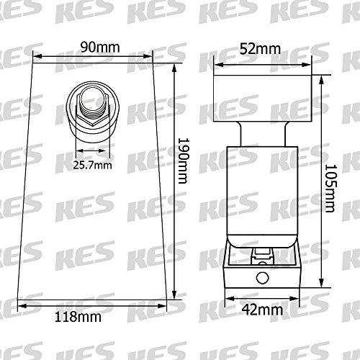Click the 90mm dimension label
click(x=100, y=48)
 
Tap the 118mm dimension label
click(x=78, y=317)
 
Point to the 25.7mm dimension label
click(x=92, y=166)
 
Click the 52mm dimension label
click(x=260, y=49)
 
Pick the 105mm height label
click(x=330, y=189)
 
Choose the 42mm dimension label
click(x=262, y=310)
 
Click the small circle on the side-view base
click(x=263, y=278)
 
